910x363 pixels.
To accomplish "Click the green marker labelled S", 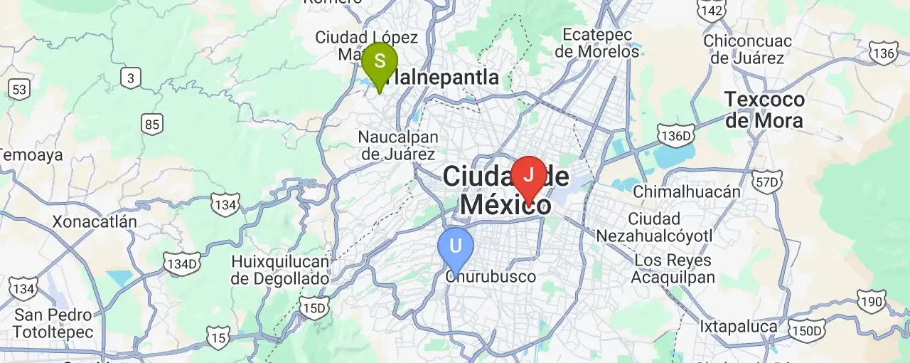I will pos(379,62).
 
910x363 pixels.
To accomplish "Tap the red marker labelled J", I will pos(528,175).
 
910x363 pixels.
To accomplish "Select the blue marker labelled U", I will pos(456,246).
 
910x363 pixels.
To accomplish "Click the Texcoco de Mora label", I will pos(764,110).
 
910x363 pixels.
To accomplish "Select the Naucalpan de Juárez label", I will pos(398,145).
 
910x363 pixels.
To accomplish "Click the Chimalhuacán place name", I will pos(686,191).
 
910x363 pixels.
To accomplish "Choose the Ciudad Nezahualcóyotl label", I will pos(654,227).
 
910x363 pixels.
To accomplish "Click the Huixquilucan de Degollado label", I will pos(280,270).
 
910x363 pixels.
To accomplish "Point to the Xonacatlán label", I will pos(94,222).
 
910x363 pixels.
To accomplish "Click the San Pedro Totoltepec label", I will pos(53,323).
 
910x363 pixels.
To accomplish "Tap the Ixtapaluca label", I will pos(738,327).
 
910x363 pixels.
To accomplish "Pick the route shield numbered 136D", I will pos(675,135).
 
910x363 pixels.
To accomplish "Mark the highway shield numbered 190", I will pos(872,301).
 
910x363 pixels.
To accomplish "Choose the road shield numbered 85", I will pos(151,125).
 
